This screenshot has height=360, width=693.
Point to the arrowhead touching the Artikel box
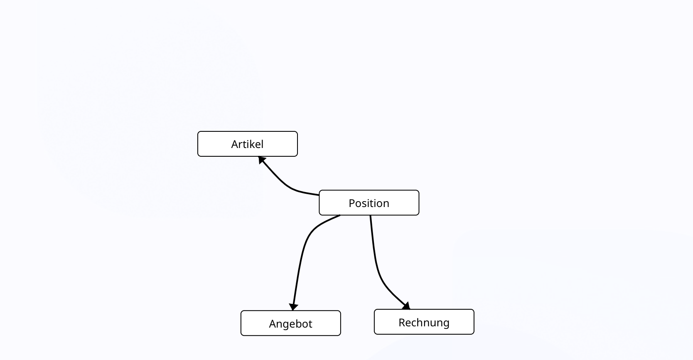(261, 160)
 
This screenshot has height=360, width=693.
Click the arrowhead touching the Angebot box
(293, 307)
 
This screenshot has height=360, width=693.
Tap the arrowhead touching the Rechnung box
(406, 306)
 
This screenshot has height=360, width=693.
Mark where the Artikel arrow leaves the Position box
(319, 195)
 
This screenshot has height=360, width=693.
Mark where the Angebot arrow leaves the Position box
(339, 215)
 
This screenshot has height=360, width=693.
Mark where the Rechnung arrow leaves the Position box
(371, 216)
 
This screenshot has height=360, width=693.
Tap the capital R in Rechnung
(402, 323)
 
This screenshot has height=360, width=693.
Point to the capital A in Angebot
(273, 324)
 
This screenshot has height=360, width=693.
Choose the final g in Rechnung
(446, 323)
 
